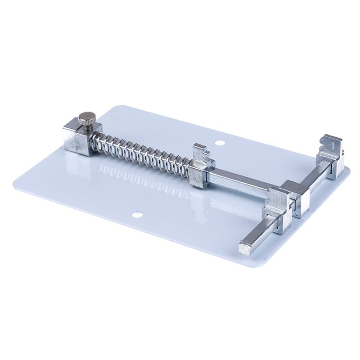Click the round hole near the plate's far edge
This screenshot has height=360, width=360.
(220, 143)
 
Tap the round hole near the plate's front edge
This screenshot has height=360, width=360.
(137, 215)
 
